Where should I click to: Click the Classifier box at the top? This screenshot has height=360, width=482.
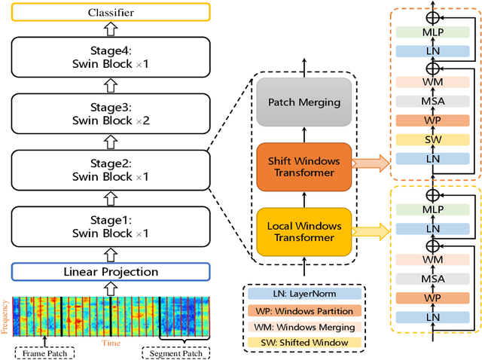tap(111, 12)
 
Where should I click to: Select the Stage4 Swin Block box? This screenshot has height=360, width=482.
tap(111, 58)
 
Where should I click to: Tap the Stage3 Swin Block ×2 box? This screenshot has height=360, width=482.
tap(111, 113)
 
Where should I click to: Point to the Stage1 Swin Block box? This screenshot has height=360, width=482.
tap(111, 227)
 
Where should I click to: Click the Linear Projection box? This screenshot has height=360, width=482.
tap(111, 271)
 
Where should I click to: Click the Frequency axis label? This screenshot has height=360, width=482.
tap(5, 316)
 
